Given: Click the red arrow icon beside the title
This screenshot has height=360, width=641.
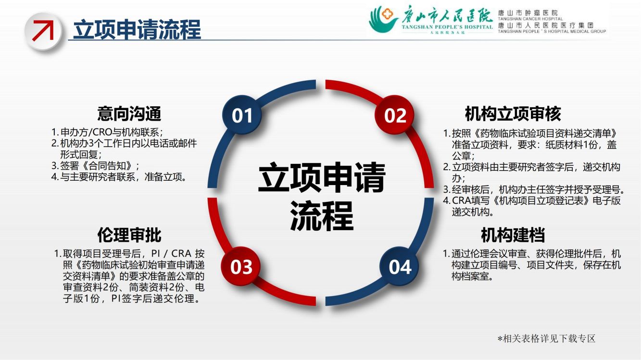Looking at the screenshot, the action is (43, 31).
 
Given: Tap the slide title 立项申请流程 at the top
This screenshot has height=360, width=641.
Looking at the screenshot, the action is (137, 29).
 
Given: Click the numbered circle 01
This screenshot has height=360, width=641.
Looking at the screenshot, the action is (242, 115).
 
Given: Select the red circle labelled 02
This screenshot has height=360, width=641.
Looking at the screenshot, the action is (395, 115).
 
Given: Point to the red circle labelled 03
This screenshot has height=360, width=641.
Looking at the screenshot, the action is (241, 266).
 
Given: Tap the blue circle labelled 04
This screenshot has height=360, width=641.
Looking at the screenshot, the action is (400, 266).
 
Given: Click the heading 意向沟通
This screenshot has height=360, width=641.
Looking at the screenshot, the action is (129, 113).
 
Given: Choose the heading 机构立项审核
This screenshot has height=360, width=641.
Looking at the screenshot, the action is (513, 113).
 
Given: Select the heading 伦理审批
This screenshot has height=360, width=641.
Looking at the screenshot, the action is (129, 235).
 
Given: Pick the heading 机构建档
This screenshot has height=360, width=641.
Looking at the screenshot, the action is (513, 235).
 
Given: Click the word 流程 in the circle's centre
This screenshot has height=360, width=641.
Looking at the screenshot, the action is (322, 216).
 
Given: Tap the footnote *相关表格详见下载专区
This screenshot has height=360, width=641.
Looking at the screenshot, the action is (547, 338).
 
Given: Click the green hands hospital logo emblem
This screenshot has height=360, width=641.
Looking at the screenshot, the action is (383, 19).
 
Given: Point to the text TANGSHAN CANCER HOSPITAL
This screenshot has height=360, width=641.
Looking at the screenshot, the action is (530, 19).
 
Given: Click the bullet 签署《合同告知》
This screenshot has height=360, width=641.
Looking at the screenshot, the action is (95, 165).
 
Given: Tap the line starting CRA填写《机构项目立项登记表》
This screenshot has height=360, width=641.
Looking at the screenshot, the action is (532, 200).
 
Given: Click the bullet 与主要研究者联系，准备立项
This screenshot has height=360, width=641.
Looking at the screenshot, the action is (119, 177).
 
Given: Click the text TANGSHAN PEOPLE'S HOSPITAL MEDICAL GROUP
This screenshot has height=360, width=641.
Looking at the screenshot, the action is (552, 31).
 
